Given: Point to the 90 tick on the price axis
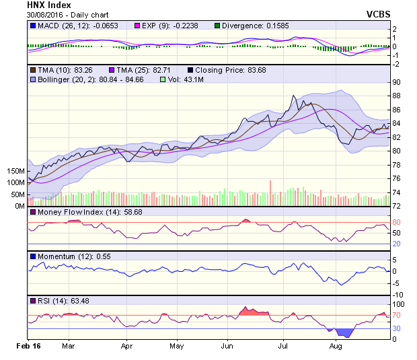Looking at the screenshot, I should [397, 82].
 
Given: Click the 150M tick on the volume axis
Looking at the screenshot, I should [15, 172].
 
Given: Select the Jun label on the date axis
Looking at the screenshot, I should [227, 347].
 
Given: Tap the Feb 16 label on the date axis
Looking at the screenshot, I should [28, 347].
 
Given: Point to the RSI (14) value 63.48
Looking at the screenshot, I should [78, 300].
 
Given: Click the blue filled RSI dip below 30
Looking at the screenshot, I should [345, 333].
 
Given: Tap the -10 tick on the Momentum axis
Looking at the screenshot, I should [397, 295].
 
